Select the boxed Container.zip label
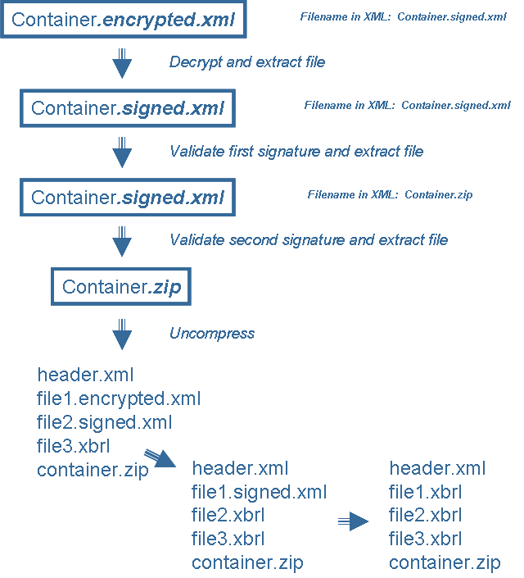pyautogui.click(x=121, y=287)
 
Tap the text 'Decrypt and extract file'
pyautogui.click(x=247, y=62)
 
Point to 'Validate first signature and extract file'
pyautogui.click(x=296, y=152)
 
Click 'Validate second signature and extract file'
pyautogui.click(x=309, y=240)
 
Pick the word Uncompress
pyautogui.click(x=212, y=334)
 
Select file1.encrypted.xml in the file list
pyautogui.click(x=119, y=399)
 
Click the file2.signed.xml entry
pyautogui.click(x=104, y=423)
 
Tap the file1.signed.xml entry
pyautogui.click(x=259, y=492)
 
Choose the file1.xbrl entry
pyautogui.click(x=425, y=492)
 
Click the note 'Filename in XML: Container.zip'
pyautogui.click(x=390, y=195)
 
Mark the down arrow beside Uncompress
pyautogui.click(x=122, y=333)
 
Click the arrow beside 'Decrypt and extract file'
pyautogui.click(x=122, y=63)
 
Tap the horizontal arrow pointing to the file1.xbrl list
pyautogui.click(x=354, y=521)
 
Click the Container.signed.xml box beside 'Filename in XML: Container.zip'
pyautogui.click(x=127, y=198)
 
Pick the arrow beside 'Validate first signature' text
pyautogui.click(x=122, y=152)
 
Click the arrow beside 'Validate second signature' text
pyautogui.click(x=122, y=240)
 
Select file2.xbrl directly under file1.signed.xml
pyautogui.click(x=228, y=516)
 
